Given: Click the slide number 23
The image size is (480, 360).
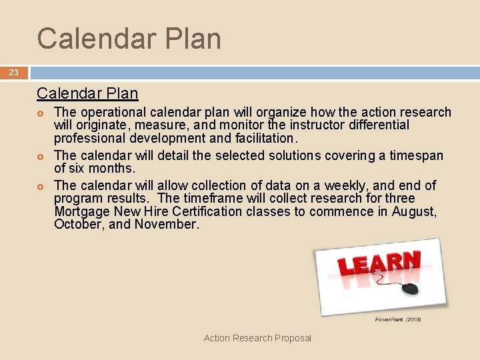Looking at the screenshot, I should (13, 73).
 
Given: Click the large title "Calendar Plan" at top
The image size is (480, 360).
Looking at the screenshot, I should (129, 39).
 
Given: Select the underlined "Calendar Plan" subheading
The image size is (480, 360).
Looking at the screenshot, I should (87, 94).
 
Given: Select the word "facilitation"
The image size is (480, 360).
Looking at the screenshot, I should (263, 139).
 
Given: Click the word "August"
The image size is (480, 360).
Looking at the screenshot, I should (413, 211).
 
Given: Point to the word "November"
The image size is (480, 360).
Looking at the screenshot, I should (166, 225).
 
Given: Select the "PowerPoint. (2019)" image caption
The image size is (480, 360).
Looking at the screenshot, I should (398, 320).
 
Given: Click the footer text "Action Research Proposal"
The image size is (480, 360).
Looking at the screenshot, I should (257, 338).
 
